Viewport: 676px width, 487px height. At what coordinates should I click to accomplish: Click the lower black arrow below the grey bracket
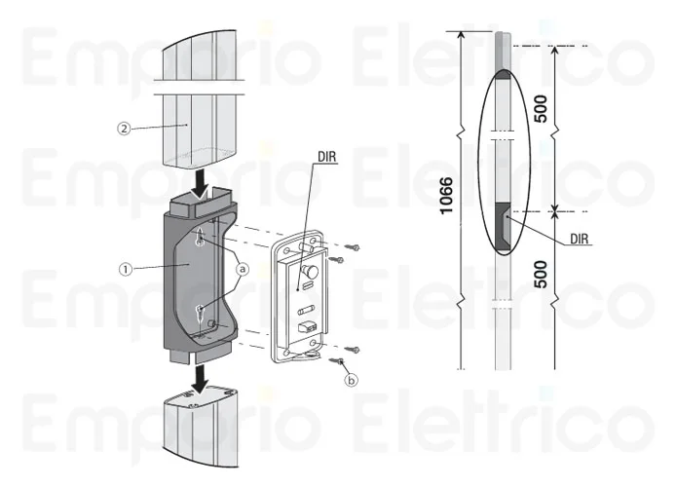[200, 377]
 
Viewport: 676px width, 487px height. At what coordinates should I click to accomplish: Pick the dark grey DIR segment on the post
[504, 225]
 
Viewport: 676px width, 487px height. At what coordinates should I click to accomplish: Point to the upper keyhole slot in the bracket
[199, 238]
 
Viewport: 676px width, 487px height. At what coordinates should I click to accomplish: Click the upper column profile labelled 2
[195, 107]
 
